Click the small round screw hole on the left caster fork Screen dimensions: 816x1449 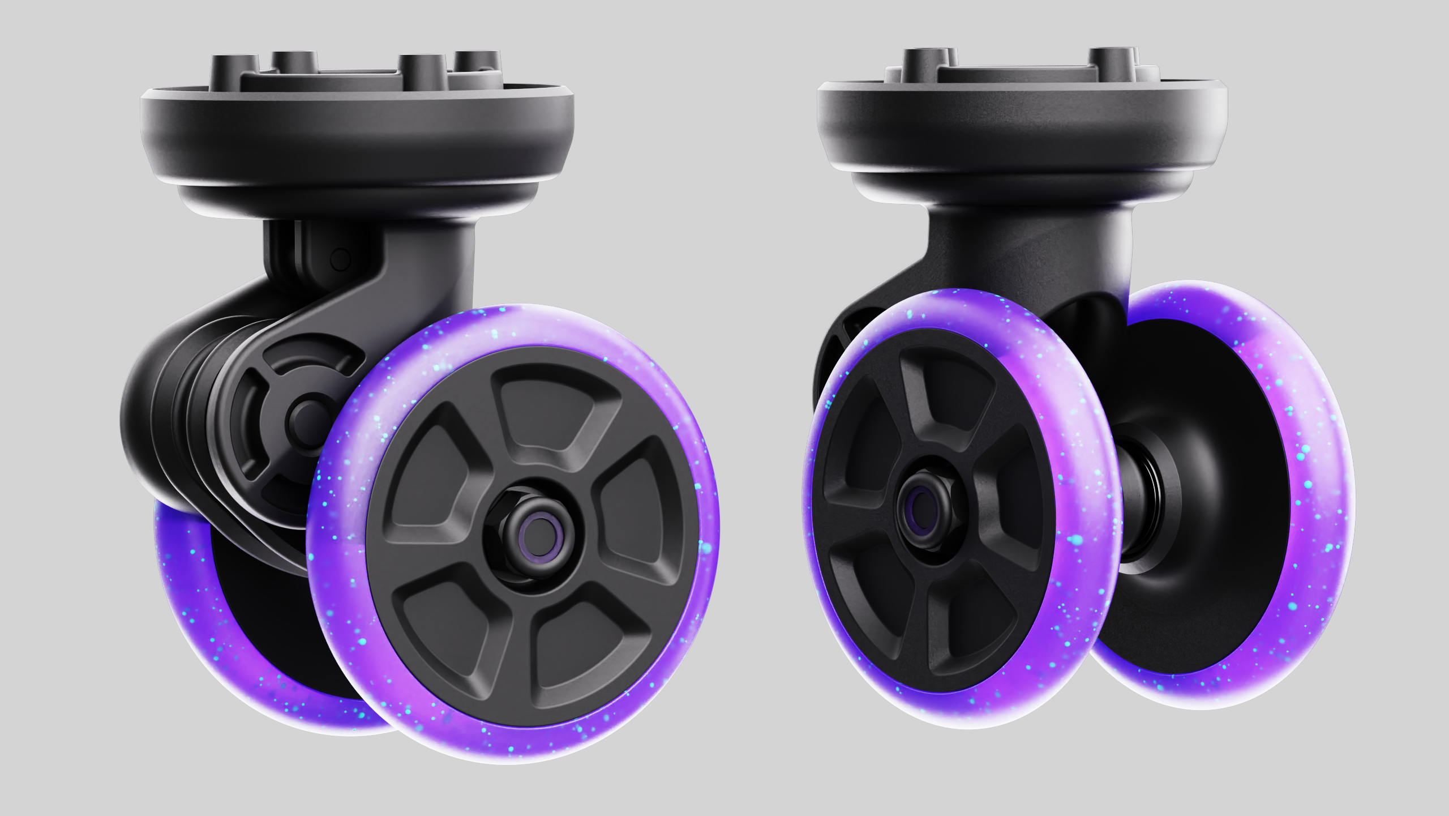340,260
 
